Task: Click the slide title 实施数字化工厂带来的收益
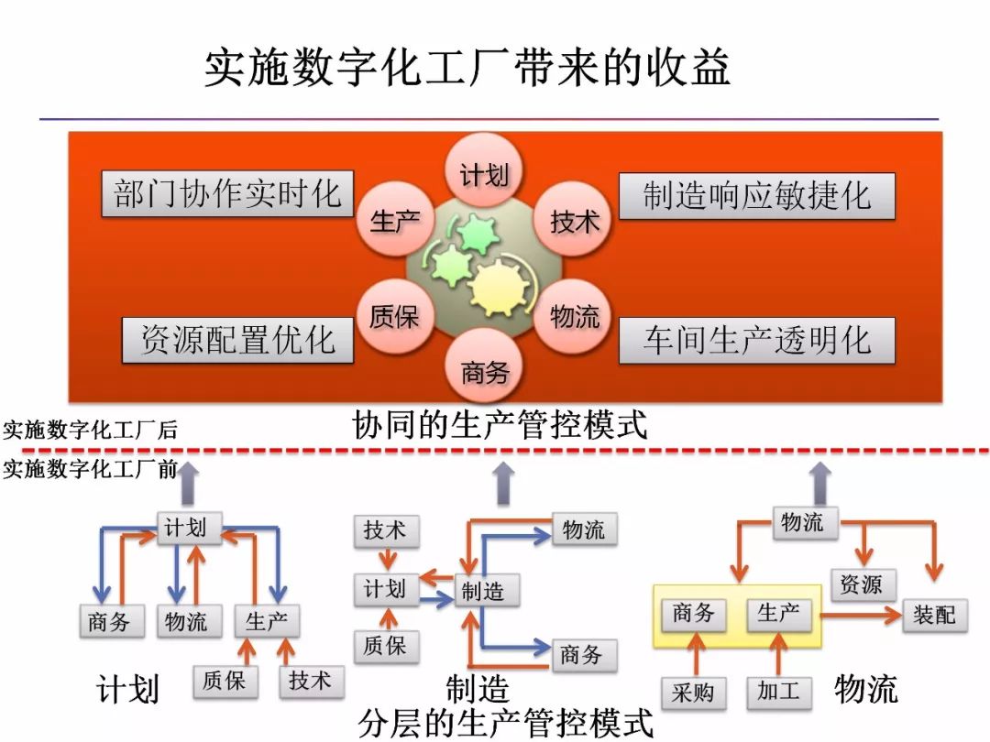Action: tap(467, 69)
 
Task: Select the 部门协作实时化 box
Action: tap(226, 194)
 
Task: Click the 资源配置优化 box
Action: tap(237, 340)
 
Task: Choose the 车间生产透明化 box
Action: tap(756, 341)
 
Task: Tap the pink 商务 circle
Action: tap(484, 372)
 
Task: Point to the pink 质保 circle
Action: tap(394, 318)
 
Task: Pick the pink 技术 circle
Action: tap(574, 221)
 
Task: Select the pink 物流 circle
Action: tap(574, 318)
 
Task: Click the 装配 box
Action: tap(934, 615)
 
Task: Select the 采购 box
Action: tap(693, 693)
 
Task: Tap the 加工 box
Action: tap(779, 693)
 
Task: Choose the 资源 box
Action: tap(863, 584)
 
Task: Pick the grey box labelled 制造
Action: tap(483, 592)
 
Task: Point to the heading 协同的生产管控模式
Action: tap(500, 425)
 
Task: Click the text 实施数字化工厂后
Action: tap(90, 430)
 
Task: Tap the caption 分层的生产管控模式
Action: tap(506, 724)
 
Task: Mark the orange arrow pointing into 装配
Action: tap(862, 616)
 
